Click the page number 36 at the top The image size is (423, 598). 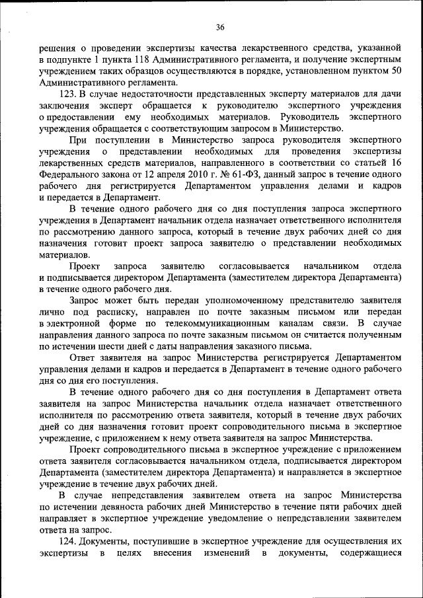pos(221,27)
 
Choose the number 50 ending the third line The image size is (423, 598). pos(397,71)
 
